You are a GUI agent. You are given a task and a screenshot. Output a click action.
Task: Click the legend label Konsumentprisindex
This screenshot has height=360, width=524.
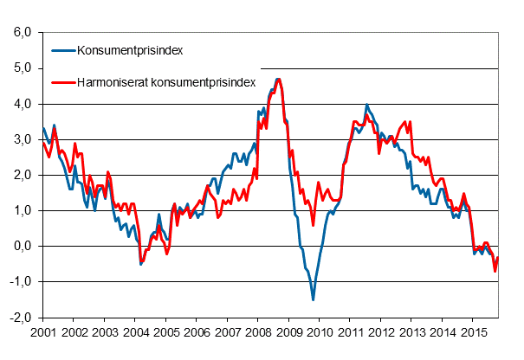point(129,50)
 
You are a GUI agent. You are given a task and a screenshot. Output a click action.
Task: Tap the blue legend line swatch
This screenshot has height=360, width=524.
point(61,50)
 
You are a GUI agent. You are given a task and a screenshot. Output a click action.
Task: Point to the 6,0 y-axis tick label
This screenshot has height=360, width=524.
point(22,33)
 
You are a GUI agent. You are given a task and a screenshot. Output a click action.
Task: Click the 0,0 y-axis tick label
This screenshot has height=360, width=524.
point(22,247)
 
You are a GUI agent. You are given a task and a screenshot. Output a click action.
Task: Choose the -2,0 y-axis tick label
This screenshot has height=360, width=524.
point(20,318)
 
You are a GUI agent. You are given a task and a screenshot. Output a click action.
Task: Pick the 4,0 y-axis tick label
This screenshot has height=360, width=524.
point(22,104)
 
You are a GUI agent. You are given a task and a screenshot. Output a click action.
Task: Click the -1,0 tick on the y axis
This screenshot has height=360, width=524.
point(20,282)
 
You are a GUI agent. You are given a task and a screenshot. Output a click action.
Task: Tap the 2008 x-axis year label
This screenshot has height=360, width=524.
point(258,332)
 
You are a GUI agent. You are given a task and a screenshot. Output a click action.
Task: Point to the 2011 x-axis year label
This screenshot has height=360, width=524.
point(351,332)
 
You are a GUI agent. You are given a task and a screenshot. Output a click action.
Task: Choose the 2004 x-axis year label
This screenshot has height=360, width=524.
point(135,332)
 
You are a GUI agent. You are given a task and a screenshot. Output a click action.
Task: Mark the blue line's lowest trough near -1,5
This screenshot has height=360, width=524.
point(313,299)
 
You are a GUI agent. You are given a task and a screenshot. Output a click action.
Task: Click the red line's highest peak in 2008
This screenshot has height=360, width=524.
point(278,79)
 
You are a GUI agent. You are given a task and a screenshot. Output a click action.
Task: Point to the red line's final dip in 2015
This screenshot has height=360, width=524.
point(495,272)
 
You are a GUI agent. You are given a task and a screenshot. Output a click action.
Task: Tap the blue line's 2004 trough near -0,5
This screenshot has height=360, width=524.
point(141,264)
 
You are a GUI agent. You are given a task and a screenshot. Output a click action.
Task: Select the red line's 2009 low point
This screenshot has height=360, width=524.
point(313,225)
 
